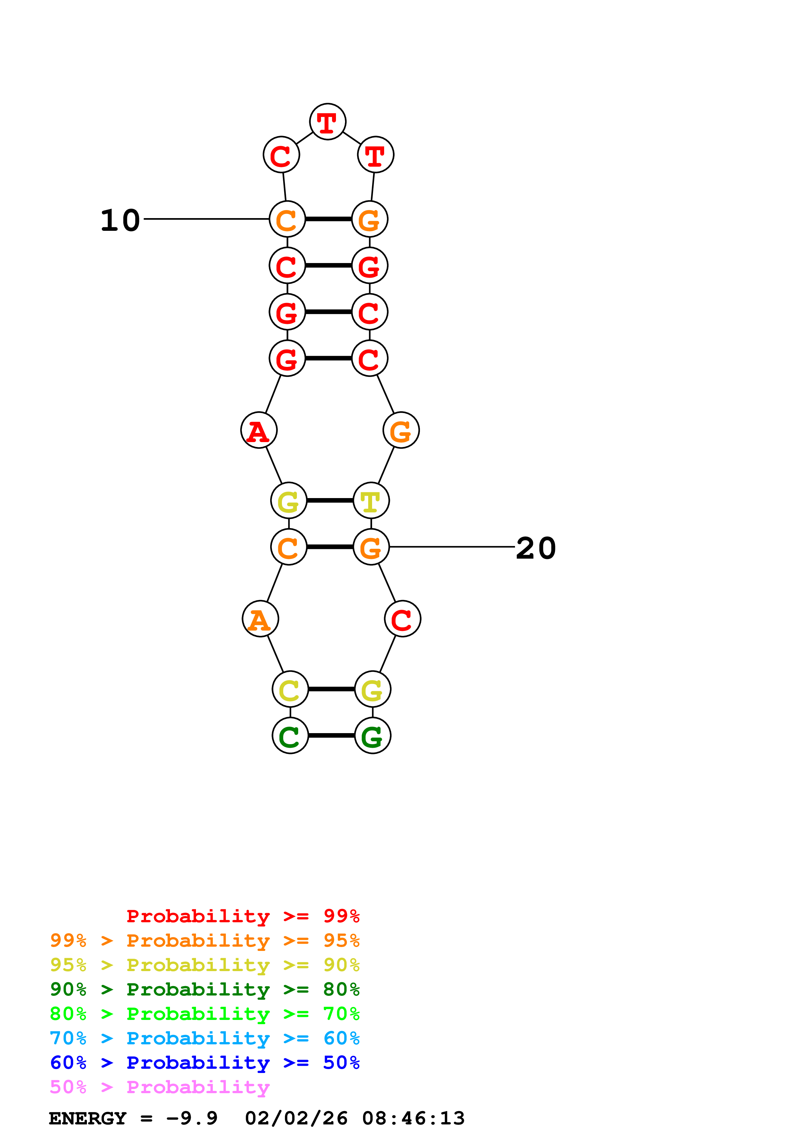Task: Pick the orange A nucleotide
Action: point(260,619)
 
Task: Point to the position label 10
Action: point(120,220)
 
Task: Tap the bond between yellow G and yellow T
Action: point(330,500)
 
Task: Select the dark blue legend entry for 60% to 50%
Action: point(204,1063)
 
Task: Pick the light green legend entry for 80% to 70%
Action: point(204,1014)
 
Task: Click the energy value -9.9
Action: point(192,1119)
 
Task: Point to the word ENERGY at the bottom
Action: point(88,1119)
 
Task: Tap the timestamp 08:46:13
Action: point(413,1119)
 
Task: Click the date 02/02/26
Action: point(296,1119)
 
